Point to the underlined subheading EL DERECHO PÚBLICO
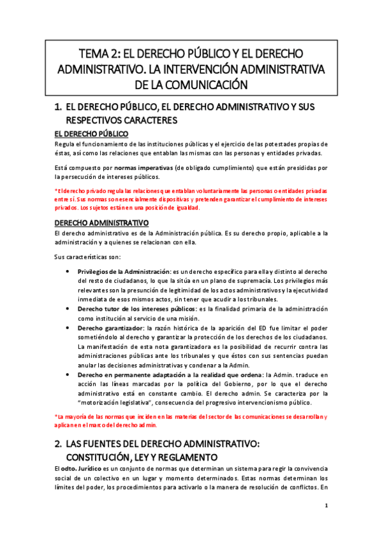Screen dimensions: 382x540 [x=91, y=134]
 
